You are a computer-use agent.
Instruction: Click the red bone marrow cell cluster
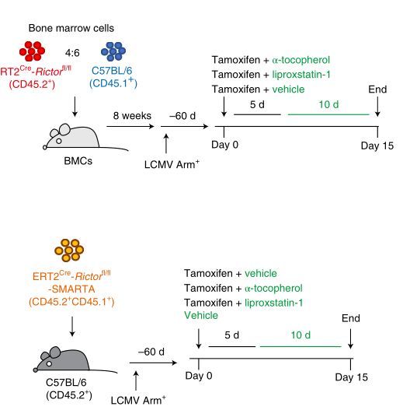32,51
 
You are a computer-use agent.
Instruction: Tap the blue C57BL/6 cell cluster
113,51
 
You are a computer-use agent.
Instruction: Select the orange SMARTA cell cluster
69,250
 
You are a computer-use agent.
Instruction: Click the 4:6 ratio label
72,53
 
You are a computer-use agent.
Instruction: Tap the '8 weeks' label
132,116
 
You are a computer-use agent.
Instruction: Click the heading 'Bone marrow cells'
71,28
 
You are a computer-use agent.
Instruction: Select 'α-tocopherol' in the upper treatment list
301,60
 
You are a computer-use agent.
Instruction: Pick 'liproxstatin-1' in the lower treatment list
273,303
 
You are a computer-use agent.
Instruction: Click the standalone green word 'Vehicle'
201,315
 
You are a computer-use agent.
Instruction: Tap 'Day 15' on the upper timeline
377,145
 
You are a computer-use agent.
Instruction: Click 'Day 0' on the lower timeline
199,376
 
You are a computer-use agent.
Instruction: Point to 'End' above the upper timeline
377,89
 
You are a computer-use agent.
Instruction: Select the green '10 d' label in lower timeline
301,335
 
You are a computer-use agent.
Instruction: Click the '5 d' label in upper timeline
257,104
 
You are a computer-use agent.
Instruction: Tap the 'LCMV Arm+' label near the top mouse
172,164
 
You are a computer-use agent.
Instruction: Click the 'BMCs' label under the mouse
78,161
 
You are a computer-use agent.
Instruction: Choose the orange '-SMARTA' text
71,289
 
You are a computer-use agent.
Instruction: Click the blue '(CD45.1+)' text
113,83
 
